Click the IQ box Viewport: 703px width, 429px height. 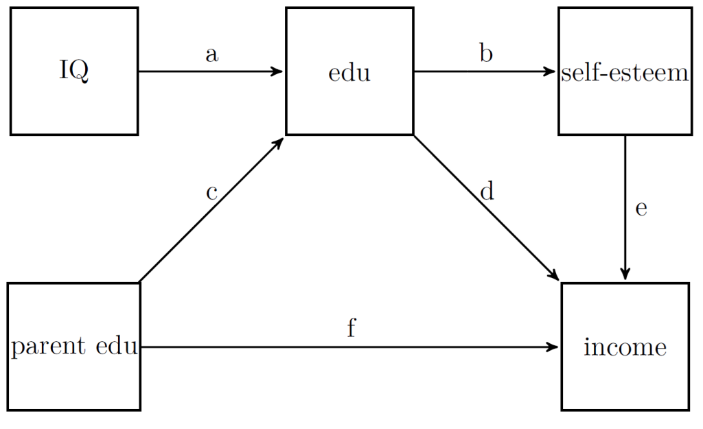[74, 71]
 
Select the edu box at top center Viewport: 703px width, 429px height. [349, 71]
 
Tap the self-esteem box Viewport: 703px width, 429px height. [624, 71]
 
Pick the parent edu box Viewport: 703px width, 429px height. [74, 347]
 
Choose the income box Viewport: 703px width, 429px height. [625, 347]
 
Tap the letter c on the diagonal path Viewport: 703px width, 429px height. [211, 193]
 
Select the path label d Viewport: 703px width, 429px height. [487, 192]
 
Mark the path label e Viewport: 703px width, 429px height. [641, 209]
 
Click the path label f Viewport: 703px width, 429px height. [351, 329]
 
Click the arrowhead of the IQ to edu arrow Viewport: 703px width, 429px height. [278, 71]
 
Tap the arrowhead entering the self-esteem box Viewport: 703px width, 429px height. [551, 71]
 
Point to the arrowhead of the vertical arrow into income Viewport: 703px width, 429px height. [625, 275]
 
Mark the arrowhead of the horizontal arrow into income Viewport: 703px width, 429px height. [553, 347]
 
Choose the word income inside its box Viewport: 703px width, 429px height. [625, 347]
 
